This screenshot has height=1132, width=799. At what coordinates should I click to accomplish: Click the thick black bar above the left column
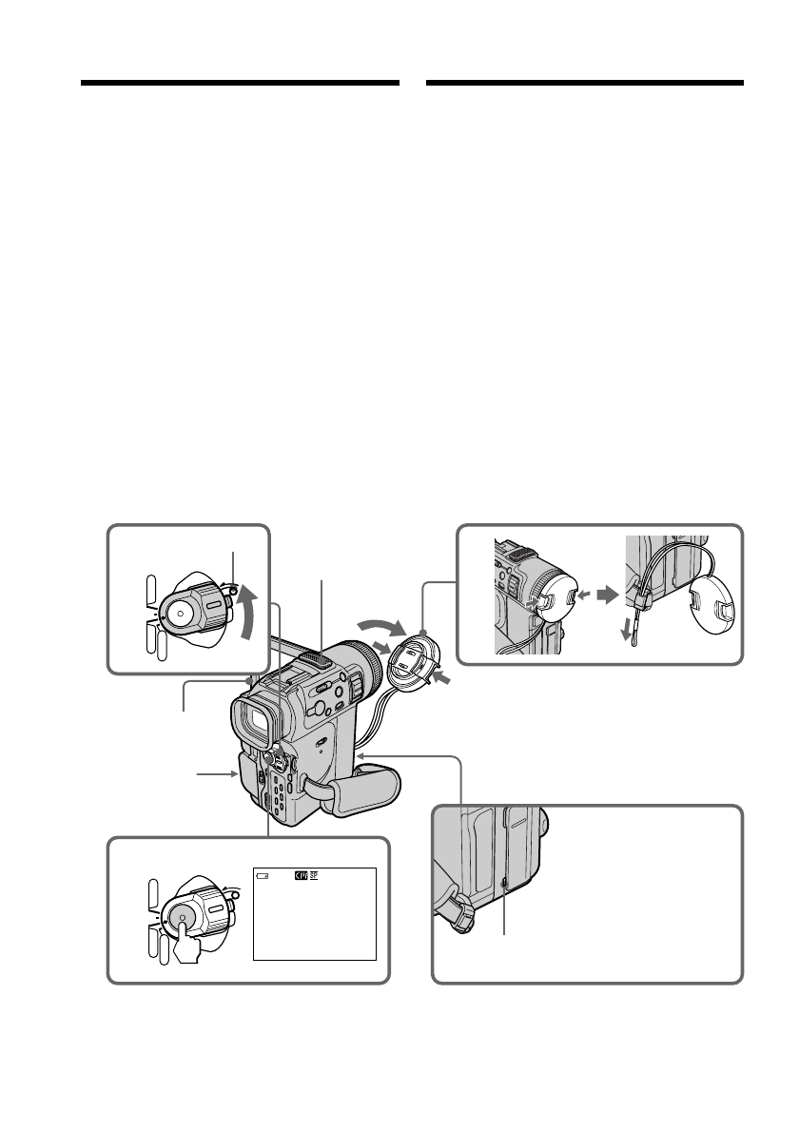[x=239, y=84]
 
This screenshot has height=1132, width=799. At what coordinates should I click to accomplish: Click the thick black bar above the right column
[x=584, y=84]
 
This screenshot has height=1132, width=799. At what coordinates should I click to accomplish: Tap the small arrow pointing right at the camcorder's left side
[x=229, y=775]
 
